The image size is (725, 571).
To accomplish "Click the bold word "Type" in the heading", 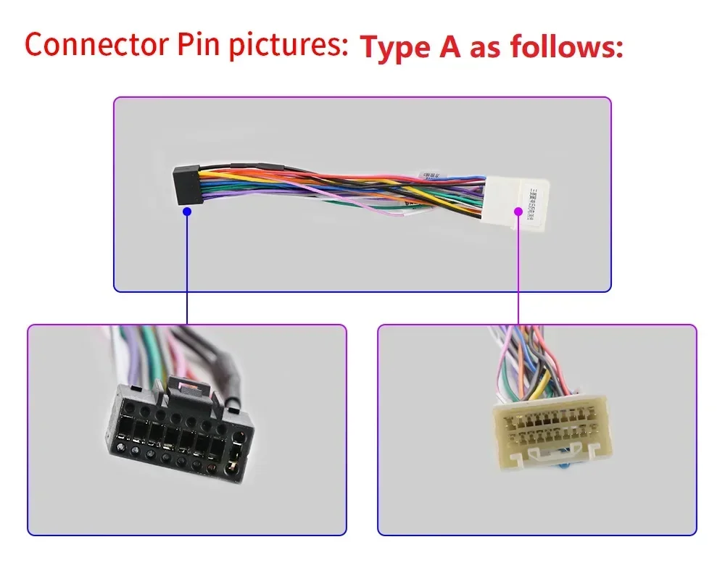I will [396, 48].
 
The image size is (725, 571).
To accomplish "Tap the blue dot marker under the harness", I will [187, 212].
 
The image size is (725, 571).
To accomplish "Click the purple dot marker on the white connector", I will [518, 211].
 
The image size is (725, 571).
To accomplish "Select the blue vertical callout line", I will [187, 268].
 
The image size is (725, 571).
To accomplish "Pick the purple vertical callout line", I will [518, 268].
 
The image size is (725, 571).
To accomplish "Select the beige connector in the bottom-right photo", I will [549, 429].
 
